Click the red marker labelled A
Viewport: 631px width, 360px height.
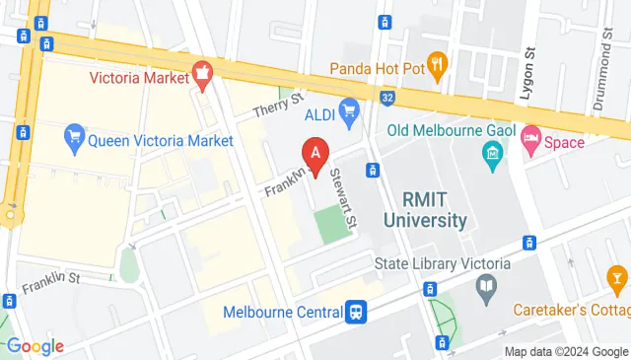(x=315, y=154)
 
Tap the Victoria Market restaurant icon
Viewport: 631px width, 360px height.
(x=204, y=71)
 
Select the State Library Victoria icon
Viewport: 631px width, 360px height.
(x=485, y=287)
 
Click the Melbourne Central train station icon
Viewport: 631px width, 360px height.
(x=357, y=311)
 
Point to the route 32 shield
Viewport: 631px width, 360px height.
(x=388, y=99)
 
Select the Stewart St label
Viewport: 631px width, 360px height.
(x=344, y=183)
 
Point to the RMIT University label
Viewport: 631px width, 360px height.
(x=425, y=208)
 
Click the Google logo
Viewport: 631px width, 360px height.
(x=35, y=346)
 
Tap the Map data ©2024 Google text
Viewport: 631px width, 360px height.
(x=565, y=352)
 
